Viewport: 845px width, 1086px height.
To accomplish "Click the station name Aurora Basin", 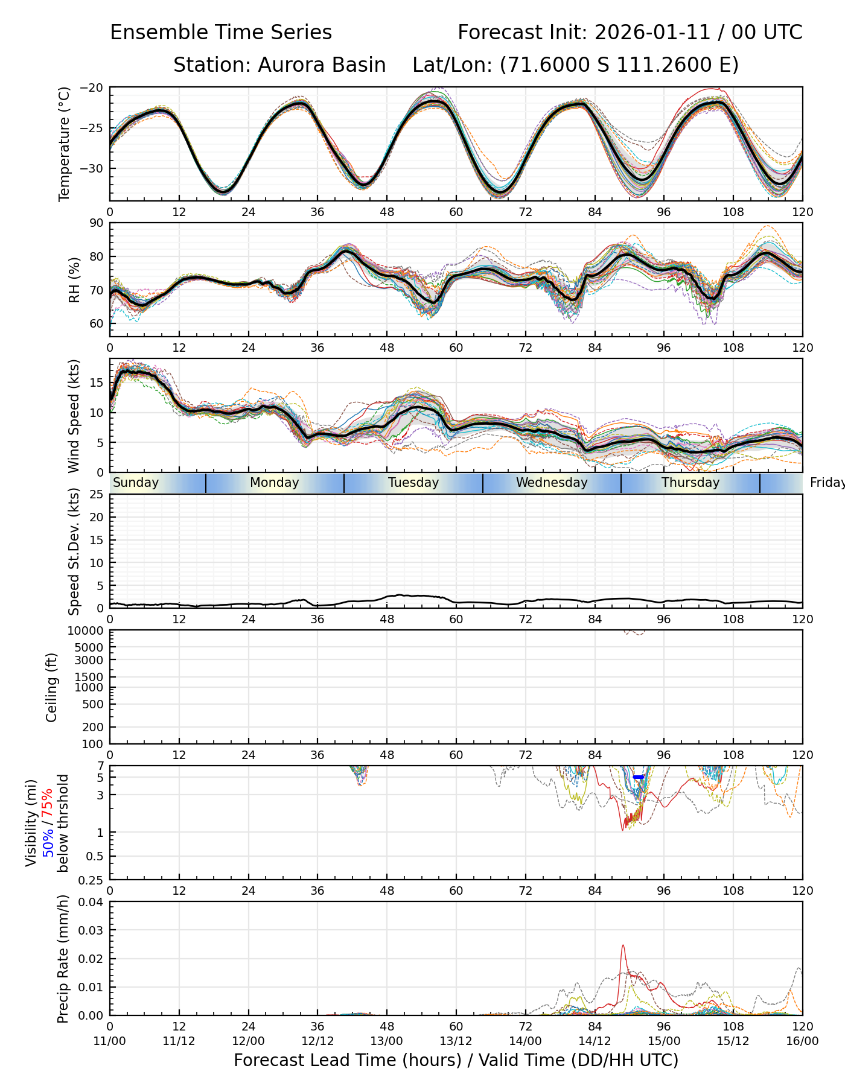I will pos(322,65).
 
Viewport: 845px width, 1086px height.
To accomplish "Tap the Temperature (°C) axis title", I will pos(65,144).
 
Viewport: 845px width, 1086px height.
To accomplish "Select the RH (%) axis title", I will pos(74,279).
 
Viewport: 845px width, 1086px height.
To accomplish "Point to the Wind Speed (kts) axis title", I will pos(74,416).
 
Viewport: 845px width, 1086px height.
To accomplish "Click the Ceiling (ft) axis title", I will pos(52,687).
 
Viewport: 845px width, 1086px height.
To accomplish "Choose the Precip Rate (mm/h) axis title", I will pos(63,959).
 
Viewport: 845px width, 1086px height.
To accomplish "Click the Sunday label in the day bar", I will pos(136,483).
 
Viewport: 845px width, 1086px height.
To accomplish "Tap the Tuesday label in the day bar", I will pos(413,483).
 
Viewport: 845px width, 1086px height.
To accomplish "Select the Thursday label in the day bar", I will pos(690,483).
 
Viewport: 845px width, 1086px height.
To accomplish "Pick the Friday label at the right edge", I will pos(827,483).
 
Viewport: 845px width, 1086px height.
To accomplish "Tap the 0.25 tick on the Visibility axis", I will pos(92,880).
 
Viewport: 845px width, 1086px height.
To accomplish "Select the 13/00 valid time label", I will pos(386,1041).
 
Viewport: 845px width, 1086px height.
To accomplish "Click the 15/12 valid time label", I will pos(733,1041).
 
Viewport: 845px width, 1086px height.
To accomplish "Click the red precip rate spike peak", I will pos(623,945).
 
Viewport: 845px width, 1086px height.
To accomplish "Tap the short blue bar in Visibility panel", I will pos(639,777).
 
